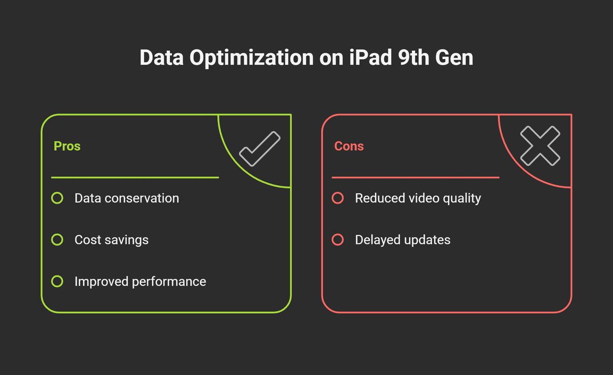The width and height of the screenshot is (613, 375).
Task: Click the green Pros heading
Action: (67, 146)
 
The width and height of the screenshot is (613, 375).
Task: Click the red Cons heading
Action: (349, 146)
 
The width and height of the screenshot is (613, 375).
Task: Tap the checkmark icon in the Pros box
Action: (260, 149)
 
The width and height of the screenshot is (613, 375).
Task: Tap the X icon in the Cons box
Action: (540, 145)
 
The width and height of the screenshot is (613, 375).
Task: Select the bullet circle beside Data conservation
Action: (57, 198)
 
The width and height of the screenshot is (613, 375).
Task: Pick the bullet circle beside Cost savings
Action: (57, 240)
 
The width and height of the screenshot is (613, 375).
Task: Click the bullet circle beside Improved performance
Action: (57, 281)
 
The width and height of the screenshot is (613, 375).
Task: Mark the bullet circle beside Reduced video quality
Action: (337, 198)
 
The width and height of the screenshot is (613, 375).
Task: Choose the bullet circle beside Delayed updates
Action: (337, 240)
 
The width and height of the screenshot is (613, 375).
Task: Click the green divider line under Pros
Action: (135, 177)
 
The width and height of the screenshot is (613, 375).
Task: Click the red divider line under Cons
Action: (415, 177)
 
